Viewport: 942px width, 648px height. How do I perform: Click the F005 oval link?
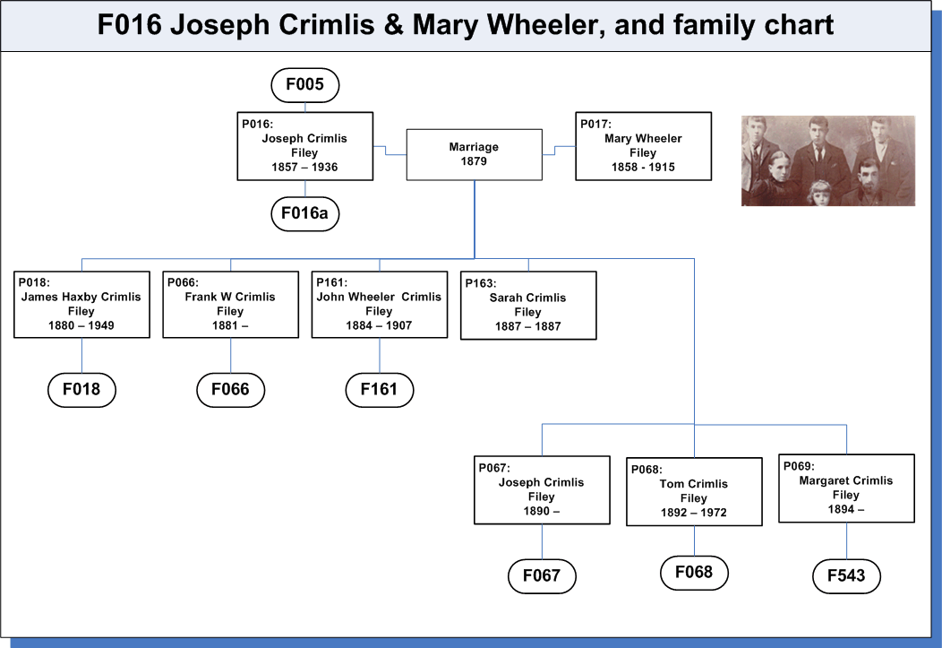tap(305, 85)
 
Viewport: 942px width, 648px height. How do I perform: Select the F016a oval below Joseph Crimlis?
tap(305, 213)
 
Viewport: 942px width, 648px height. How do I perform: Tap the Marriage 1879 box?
tap(474, 154)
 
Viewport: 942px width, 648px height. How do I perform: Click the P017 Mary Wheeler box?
tap(644, 146)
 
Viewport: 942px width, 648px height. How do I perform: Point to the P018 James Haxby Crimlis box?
tap(81, 304)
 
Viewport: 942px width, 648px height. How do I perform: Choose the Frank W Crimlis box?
tap(231, 304)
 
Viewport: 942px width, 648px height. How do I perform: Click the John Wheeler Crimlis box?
tap(380, 304)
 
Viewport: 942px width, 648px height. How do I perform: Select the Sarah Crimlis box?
tap(528, 306)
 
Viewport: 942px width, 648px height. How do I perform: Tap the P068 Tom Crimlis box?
tap(694, 492)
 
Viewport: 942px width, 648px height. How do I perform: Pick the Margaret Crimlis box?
tap(846, 488)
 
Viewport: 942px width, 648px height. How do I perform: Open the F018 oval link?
tap(81, 390)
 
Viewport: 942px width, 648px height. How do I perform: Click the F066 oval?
tap(231, 390)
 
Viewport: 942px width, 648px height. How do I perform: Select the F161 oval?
tap(380, 390)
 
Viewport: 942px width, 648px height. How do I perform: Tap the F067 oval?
tap(542, 576)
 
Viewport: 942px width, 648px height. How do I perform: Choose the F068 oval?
tap(694, 572)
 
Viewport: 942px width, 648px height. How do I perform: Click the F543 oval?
tap(846, 576)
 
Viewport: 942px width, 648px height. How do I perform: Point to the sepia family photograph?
tap(828, 160)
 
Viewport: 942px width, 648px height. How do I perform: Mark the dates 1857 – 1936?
tap(304, 167)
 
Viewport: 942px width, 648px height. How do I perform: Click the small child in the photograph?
tap(818, 194)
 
